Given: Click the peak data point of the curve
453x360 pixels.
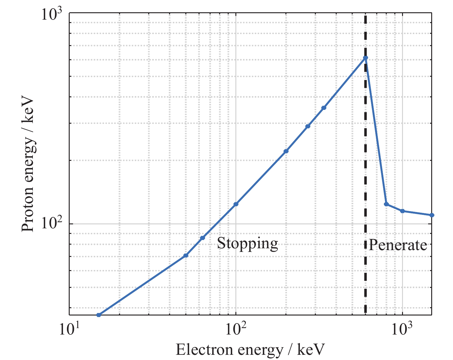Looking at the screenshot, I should tap(365, 58).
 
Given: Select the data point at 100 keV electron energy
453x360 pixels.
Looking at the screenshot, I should tap(236, 204).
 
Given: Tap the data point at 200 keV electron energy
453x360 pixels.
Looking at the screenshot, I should tap(286, 151).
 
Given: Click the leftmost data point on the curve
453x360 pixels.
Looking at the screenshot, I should tap(99, 315).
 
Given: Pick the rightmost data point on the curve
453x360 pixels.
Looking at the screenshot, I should tap(432, 215).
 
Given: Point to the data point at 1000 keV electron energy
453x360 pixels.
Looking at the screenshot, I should tap(402, 211).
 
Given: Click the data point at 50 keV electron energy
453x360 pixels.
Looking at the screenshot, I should tap(186, 255).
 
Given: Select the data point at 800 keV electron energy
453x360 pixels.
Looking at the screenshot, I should tap(386, 204).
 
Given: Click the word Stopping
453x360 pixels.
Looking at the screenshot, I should tap(247, 244).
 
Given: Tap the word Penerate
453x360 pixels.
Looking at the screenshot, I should tap(398, 245).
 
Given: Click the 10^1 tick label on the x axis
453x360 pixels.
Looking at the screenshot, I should tap(69, 330).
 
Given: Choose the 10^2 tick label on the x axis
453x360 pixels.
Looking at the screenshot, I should tap(236, 330).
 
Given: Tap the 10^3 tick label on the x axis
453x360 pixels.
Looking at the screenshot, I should tap(402, 330).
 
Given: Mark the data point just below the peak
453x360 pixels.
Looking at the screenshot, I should tap(323, 108).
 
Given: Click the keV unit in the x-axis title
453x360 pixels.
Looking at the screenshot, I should tap(311, 350).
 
